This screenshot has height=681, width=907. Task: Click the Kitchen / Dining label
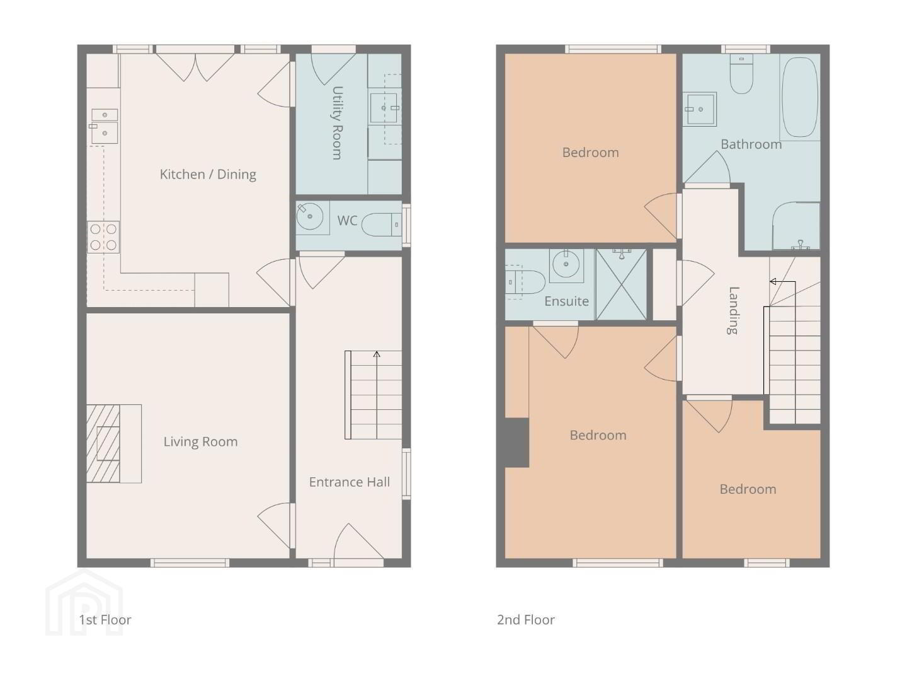point(208,175)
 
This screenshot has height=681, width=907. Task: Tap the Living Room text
point(200,441)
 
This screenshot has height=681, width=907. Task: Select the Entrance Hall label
point(349,482)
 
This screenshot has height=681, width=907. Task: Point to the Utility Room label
point(338,123)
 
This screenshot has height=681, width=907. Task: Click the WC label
point(347,221)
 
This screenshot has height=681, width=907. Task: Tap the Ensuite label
point(566,301)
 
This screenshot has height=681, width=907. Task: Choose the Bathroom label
point(751,144)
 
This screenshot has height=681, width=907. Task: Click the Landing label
point(733,310)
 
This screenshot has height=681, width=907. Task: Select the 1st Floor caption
point(105,619)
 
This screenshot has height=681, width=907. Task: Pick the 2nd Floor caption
point(525,619)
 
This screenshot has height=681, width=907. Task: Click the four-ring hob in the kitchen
point(103,237)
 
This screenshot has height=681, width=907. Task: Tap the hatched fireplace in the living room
point(103,444)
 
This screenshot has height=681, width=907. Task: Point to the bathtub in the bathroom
point(801,97)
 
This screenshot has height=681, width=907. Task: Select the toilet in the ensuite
point(525,282)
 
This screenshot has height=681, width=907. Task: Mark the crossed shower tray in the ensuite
point(622,284)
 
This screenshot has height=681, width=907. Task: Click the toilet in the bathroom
point(741,74)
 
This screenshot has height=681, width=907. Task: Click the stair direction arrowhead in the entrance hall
point(377,354)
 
